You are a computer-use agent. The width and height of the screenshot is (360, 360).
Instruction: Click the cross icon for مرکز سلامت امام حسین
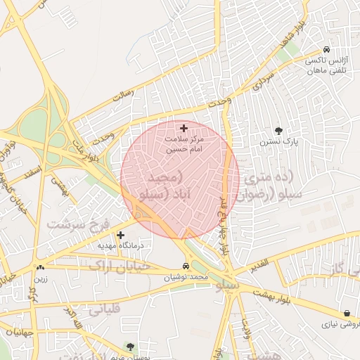pos(184,128)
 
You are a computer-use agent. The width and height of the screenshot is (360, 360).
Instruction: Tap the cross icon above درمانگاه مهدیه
pos(121,235)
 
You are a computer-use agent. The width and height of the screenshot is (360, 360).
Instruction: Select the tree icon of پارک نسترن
pos(279,131)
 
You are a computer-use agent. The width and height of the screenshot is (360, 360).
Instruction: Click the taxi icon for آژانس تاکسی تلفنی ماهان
pos(327,50)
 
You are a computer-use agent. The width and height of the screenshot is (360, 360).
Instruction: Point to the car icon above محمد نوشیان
pos(185,266)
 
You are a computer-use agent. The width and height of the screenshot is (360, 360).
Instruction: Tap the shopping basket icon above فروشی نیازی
pos(347,314)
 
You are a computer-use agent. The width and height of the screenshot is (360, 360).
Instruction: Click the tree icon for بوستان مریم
pos(130,346)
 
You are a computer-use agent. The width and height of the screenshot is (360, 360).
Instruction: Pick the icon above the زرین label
pos(40,267)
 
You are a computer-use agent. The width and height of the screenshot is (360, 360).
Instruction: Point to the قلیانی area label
pos(106,307)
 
